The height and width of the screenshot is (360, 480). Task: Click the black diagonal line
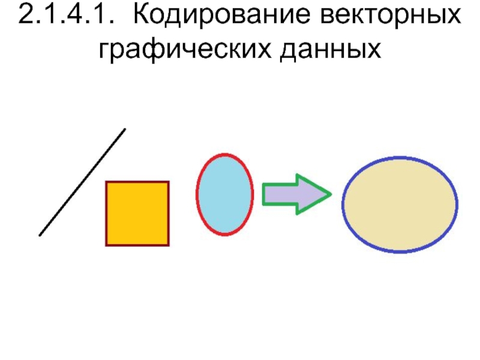(x=82, y=182)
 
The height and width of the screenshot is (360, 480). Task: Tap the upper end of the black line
(x=125, y=129)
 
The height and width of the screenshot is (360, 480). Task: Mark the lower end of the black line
(x=40, y=235)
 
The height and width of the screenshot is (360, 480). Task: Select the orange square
(x=137, y=213)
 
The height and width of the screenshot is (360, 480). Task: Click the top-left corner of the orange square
(x=107, y=182)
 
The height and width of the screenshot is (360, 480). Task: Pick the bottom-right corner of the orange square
(x=169, y=245)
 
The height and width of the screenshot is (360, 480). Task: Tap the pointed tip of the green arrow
(x=331, y=194)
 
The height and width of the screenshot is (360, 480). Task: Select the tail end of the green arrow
(x=264, y=194)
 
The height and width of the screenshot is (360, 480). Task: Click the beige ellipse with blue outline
(x=400, y=204)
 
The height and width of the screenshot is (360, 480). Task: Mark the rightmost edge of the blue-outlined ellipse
(x=457, y=204)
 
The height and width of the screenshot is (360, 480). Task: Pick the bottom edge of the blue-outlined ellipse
(x=400, y=251)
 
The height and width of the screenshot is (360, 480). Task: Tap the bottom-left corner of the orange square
(x=107, y=245)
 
